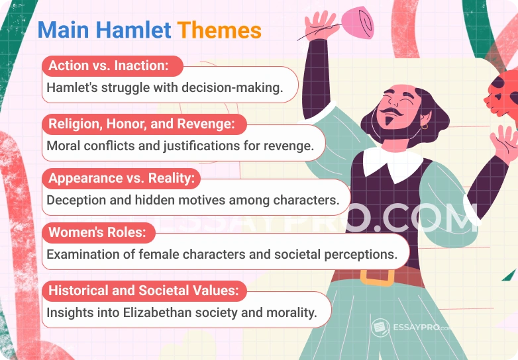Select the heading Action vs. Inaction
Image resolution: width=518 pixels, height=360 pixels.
click(107, 66)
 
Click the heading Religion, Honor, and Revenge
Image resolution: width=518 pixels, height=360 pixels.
click(136, 124)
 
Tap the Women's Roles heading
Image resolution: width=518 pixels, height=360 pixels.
click(97, 233)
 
